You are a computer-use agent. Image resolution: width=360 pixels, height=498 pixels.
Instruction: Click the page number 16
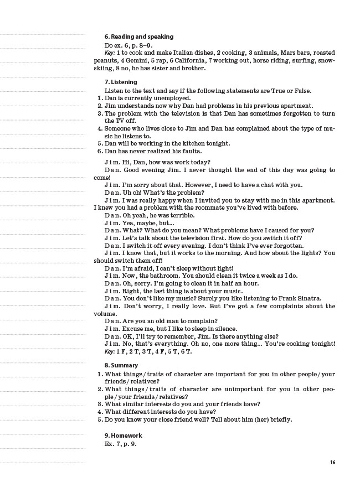332,463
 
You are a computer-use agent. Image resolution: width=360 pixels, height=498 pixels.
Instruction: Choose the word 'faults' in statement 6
190,151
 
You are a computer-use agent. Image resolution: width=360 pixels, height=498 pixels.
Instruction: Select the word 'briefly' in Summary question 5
277,419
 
